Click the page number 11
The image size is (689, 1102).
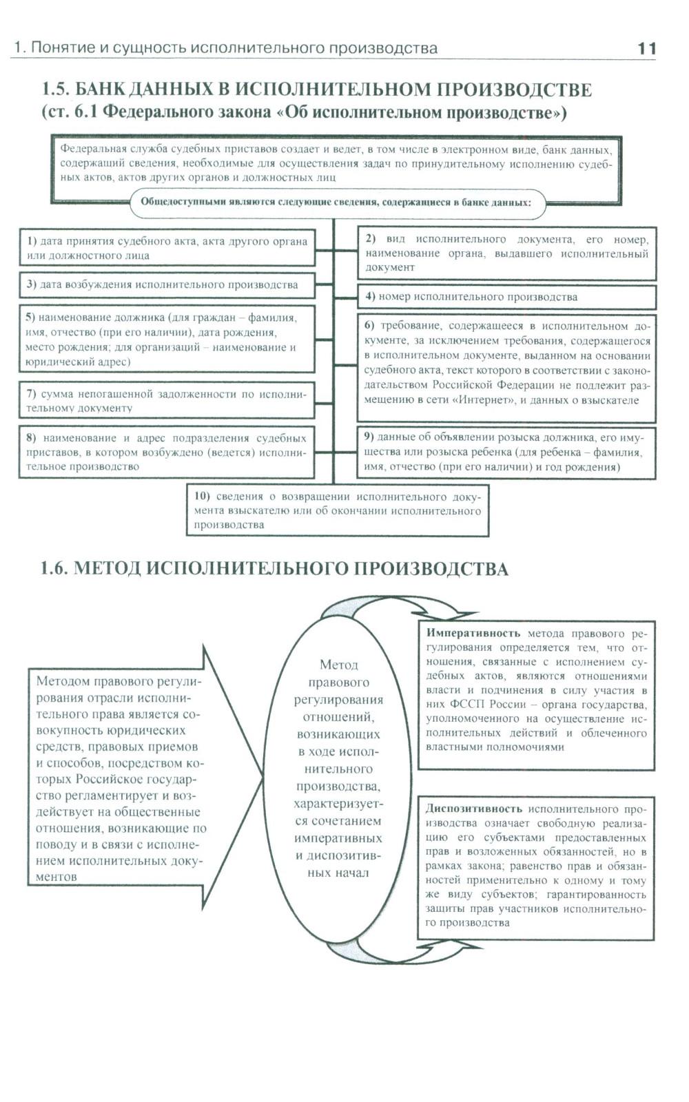(x=646, y=48)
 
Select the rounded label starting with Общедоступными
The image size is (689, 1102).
(x=337, y=202)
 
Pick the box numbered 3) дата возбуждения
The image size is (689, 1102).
(x=167, y=284)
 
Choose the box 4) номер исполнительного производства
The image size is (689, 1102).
(x=506, y=297)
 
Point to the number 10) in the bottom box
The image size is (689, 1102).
(x=202, y=497)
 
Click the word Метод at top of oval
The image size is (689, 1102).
(x=338, y=665)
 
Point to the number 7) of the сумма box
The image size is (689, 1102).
(x=31, y=394)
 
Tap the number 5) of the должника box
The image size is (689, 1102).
(x=30, y=318)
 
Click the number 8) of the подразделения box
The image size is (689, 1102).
(x=31, y=438)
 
